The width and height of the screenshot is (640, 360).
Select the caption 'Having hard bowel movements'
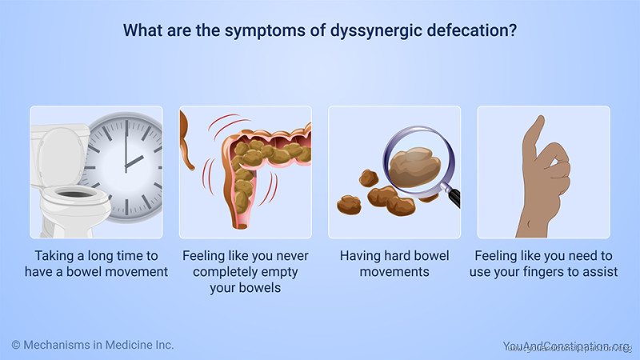(394, 264)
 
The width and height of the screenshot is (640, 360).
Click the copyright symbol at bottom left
(16, 345)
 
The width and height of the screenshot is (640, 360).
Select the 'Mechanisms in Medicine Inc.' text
(99, 345)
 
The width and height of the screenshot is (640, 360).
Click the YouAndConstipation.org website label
(566, 346)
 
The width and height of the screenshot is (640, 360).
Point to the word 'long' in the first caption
(110, 256)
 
